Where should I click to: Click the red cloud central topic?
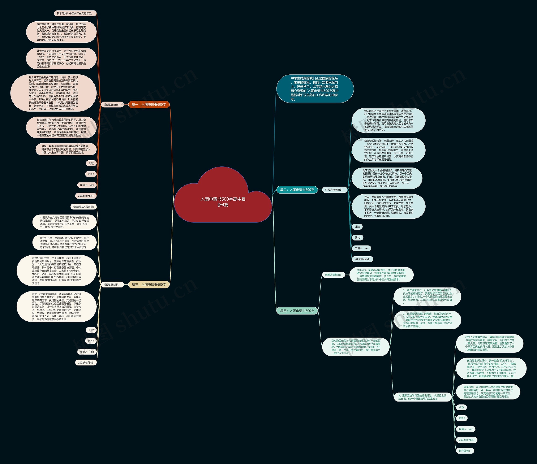(x=223, y=202)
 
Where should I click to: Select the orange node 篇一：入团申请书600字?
(x=149, y=105)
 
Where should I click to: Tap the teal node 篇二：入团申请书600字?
(x=297, y=190)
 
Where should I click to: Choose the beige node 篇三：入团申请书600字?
(x=149, y=285)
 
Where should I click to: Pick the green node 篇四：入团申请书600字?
(x=297, y=311)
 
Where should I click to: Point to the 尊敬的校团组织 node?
(x=334, y=190)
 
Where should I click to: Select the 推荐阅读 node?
(x=464, y=451)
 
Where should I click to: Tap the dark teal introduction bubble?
(x=315, y=89)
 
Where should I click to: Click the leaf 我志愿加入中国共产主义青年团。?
(x=75, y=13)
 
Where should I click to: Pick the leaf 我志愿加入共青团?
(x=83, y=207)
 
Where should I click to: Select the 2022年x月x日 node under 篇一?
(x=86, y=196)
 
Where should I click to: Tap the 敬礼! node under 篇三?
(x=91, y=341)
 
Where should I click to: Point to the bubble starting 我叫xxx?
(x=381, y=275)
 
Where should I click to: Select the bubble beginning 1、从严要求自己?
(x=427, y=297)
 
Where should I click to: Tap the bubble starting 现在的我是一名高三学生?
(x=61, y=32)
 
